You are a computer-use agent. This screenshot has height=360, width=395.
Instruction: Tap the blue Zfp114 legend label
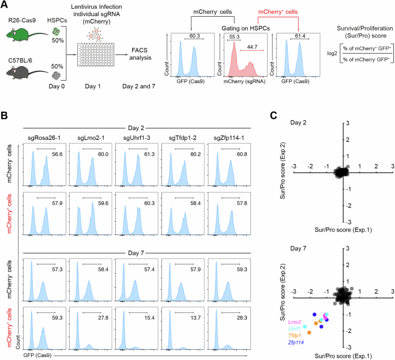point(294,342)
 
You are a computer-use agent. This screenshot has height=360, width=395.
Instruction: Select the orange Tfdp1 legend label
point(295,335)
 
